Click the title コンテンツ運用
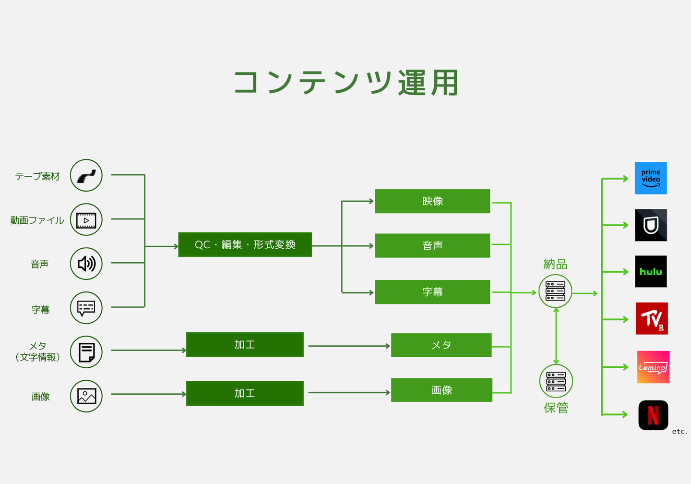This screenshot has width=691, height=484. click(x=346, y=83)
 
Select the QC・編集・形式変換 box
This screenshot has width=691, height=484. click(x=245, y=244)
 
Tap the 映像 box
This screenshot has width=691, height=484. click(x=432, y=201)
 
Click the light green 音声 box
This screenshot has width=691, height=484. click(x=432, y=246)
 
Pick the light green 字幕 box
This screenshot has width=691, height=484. click(x=432, y=292)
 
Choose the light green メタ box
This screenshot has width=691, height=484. click(x=441, y=345)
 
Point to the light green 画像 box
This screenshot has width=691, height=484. click(x=441, y=390)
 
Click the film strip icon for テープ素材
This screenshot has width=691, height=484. click(x=86, y=175)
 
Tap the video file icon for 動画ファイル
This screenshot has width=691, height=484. click(x=86, y=219)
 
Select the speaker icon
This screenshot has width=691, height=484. click(x=86, y=264)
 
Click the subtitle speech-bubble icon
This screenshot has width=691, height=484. click(x=86, y=308)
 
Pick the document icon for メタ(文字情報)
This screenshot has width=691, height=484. click(x=86, y=352)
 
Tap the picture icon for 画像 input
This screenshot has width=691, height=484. click(x=86, y=396)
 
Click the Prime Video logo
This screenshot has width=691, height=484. click(x=651, y=178)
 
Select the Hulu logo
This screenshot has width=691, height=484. click(x=651, y=271)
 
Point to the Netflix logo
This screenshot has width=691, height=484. click(x=653, y=415)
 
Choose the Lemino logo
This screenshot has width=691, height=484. click(x=653, y=367)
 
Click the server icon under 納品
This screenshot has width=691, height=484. click(x=555, y=291)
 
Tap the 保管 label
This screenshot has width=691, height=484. click(x=556, y=408)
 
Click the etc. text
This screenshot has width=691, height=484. click(x=679, y=432)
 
